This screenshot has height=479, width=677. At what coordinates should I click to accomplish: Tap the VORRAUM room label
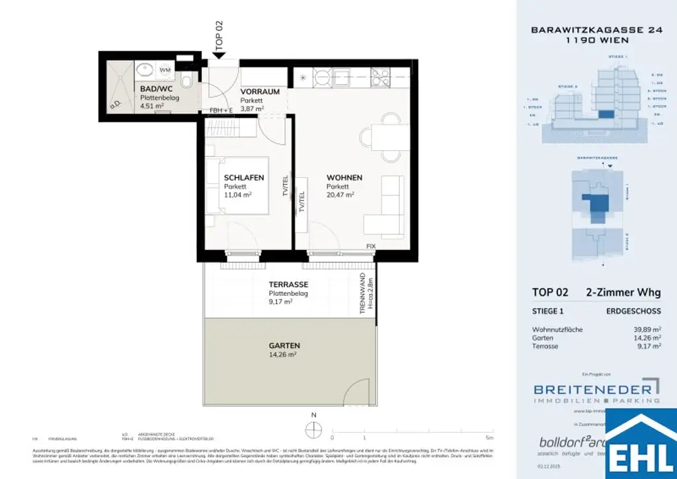tap(260, 91)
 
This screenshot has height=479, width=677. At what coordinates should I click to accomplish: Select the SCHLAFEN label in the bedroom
tap(244, 178)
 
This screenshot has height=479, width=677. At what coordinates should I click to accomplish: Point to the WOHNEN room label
tap(344, 178)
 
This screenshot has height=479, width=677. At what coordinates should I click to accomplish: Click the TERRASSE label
tap(288, 285)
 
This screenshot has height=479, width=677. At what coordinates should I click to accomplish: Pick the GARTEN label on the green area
tap(284, 345)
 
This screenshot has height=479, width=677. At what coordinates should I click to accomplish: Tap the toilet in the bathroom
tap(187, 82)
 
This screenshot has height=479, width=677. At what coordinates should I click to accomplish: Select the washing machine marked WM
tap(165, 69)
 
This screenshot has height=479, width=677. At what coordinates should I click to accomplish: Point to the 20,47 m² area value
tap(340, 195)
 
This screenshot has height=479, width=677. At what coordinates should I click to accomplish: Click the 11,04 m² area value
tap(239, 196)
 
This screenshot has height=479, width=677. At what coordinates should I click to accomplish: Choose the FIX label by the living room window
tap(371, 246)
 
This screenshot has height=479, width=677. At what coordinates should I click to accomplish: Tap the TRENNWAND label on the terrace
tap(364, 296)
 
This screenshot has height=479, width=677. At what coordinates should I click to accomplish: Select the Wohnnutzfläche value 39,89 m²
tap(647, 329)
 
